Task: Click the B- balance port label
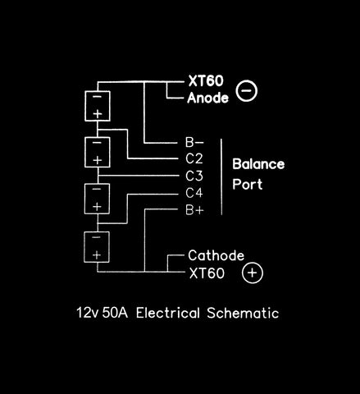pos(194,142)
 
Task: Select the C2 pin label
pos(194,158)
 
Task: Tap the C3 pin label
pos(194,176)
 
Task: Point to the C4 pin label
pos(194,193)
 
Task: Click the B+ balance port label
pos(194,210)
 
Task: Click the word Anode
pos(207,98)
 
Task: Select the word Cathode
pos(216,255)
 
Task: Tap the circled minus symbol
pos(247,90)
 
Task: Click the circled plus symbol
pos(253,273)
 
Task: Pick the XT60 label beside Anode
pos(206,81)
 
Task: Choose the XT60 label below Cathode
pos(207,273)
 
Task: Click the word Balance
pos(258,164)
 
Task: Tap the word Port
pos(248,184)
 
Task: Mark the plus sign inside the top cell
pos(98,114)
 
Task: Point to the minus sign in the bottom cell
pos(96,237)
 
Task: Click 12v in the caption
pos(87,313)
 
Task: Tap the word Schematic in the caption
pos(243,313)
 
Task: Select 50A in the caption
pos(115,313)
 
